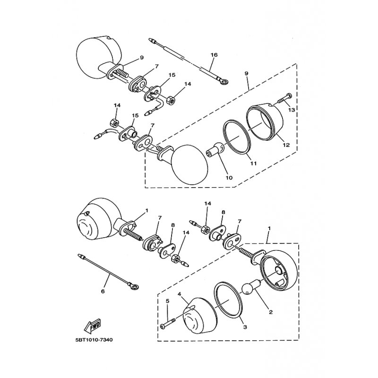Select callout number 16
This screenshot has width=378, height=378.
coord(214,55)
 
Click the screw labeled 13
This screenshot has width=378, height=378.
coord(283,98)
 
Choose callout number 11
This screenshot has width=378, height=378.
coord(253,163)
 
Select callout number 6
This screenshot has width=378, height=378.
coord(103,292)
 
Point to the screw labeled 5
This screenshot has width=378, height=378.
coord(168,326)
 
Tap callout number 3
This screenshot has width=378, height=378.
coord(245,326)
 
